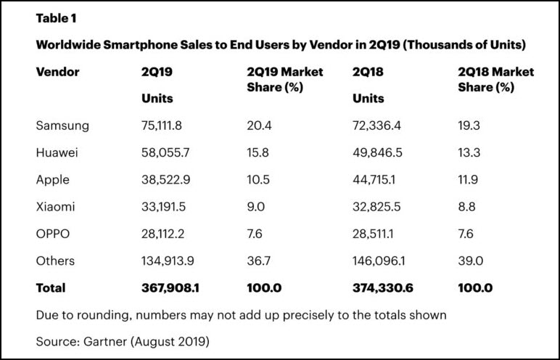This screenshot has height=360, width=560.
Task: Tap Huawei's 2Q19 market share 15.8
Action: click(x=258, y=152)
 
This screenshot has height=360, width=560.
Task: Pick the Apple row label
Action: click(x=53, y=179)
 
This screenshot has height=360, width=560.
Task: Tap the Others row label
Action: click(x=55, y=261)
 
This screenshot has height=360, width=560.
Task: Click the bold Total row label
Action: click(x=51, y=288)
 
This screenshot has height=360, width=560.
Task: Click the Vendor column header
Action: click(x=57, y=72)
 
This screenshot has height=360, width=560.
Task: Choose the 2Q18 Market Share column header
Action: click(x=496, y=80)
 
